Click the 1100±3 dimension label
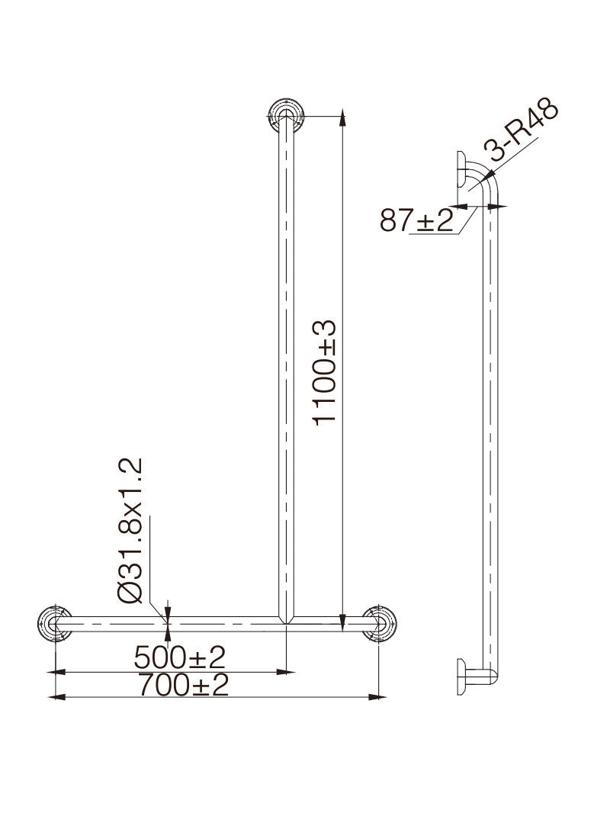pos(325,372)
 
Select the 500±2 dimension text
pos(180,657)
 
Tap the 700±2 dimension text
pos(184,686)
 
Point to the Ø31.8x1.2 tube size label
pos(131,531)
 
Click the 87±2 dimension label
pos(416,221)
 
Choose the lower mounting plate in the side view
pos(461,676)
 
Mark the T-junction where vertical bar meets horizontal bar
pos(286,621)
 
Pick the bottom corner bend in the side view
pos(493,673)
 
